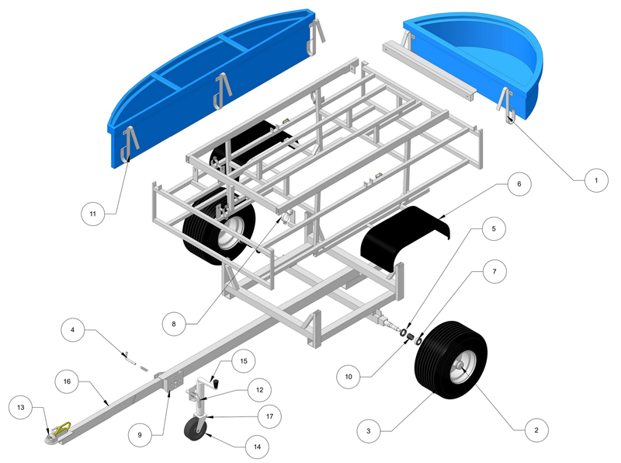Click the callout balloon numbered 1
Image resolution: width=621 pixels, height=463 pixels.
point(596,180)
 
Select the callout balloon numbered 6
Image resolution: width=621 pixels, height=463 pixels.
point(519,184)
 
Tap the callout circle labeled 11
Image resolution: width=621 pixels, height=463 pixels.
point(92,214)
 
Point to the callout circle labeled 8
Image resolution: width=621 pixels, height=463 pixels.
point(174,324)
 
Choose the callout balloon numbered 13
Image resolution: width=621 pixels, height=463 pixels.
point(21,407)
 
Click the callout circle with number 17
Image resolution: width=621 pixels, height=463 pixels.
point(269,416)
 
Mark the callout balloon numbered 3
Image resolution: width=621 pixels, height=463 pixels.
point(368,431)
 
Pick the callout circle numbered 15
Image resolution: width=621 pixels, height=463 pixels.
point(244,361)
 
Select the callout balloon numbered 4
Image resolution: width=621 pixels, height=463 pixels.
point(72,330)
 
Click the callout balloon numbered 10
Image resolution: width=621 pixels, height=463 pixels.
point(349,377)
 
